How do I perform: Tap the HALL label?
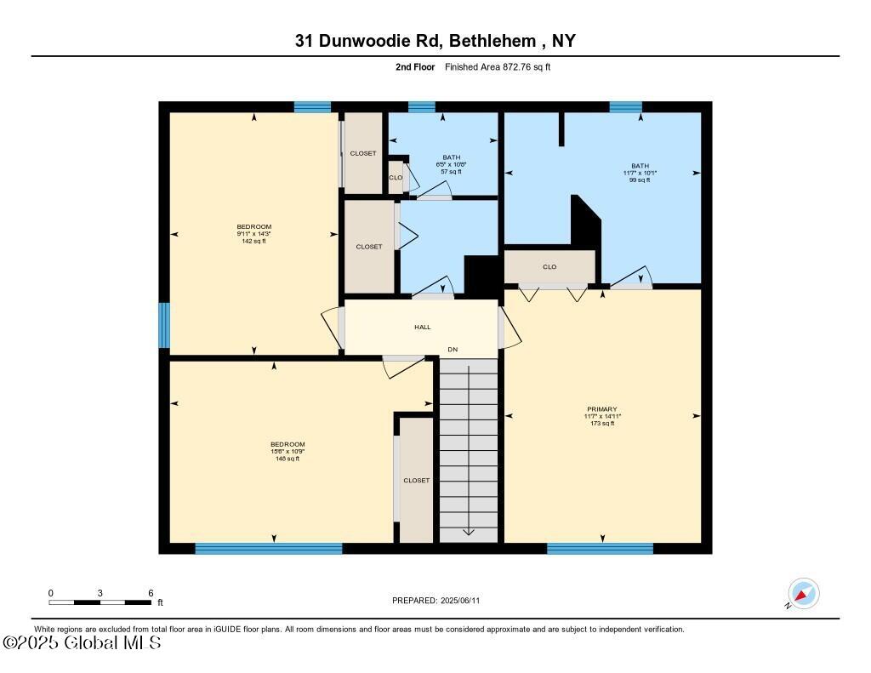point(422,327)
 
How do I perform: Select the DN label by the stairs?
point(453,350)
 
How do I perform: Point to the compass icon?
point(803,594)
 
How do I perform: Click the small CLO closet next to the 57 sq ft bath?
point(396,177)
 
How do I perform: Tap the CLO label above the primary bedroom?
point(549,267)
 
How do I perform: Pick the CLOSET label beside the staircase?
point(416,481)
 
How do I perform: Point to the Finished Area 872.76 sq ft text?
point(498,66)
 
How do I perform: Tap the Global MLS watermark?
point(82,643)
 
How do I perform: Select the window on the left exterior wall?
point(164,325)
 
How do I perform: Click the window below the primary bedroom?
point(600,549)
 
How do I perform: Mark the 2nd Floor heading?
point(415,66)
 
